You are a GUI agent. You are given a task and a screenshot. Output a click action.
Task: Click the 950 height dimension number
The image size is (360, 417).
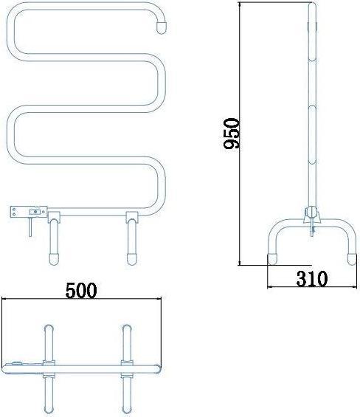(x=232, y=134)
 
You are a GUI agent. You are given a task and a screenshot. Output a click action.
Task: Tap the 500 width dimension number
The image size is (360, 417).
(x=81, y=289)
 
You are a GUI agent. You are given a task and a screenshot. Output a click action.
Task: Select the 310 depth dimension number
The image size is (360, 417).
(x=310, y=278)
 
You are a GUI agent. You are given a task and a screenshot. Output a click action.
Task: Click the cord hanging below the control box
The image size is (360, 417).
(x=29, y=230)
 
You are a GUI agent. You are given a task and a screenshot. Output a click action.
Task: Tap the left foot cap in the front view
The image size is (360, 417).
(x=55, y=258)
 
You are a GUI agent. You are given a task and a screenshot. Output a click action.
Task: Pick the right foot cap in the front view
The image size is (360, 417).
(x=132, y=258)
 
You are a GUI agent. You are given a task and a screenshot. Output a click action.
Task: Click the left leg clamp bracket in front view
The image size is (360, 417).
(x=54, y=218)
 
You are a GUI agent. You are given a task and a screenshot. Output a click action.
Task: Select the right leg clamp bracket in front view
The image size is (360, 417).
(x=131, y=218)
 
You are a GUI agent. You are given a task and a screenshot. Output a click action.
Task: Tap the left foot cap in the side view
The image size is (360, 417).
(x=271, y=259)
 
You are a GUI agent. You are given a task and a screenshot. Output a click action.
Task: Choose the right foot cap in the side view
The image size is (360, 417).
(x=352, y=259)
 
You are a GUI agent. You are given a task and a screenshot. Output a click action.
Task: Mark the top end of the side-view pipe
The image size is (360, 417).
(x=312, y=7)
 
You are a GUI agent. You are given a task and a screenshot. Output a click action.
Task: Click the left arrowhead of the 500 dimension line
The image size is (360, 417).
(x=4, y=299)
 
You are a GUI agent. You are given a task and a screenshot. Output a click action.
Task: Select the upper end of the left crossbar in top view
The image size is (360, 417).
(x=49, y=328)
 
